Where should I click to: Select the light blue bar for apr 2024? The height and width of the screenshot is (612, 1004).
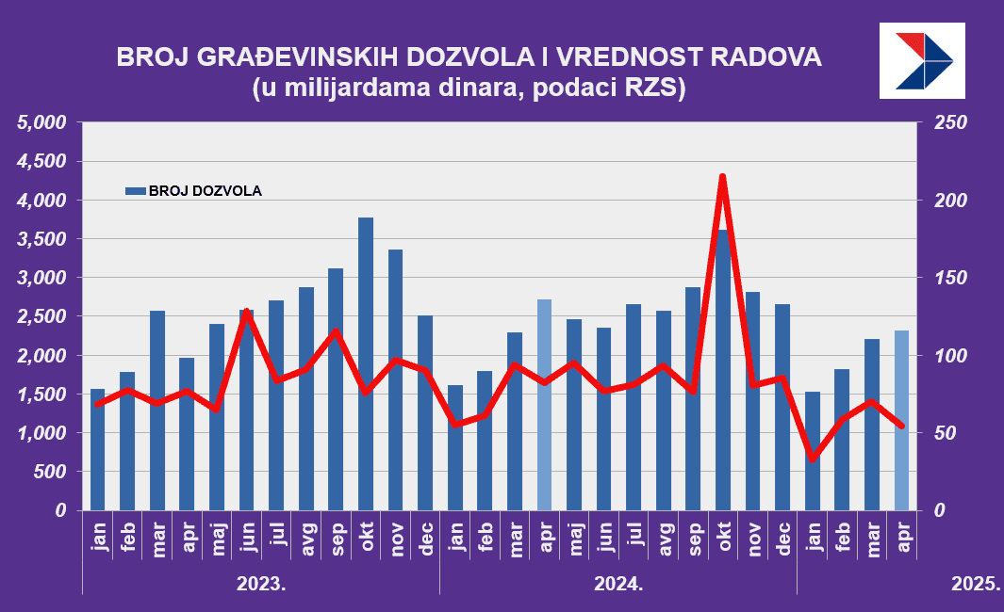(544, 405)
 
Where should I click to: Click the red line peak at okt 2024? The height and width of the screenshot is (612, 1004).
(722, 177)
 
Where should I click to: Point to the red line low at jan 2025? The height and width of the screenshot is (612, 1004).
(812, 459)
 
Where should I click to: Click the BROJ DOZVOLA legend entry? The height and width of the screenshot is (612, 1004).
(194, 191)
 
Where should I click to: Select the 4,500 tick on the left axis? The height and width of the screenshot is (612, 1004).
(43, 162)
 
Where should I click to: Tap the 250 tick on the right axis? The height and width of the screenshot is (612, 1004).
(945, 123)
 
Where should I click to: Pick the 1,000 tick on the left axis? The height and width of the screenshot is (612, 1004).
(43, 433)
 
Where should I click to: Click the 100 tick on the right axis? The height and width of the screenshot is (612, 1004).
(945, 356)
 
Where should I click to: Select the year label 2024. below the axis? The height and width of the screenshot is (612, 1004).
(617, 584)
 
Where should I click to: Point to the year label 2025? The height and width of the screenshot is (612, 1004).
(975, 584)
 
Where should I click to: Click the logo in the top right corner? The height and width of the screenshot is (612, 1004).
(922, 60)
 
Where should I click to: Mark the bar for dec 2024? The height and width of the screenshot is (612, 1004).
(782, 407)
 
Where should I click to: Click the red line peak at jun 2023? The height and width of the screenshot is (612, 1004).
(246, 311)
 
